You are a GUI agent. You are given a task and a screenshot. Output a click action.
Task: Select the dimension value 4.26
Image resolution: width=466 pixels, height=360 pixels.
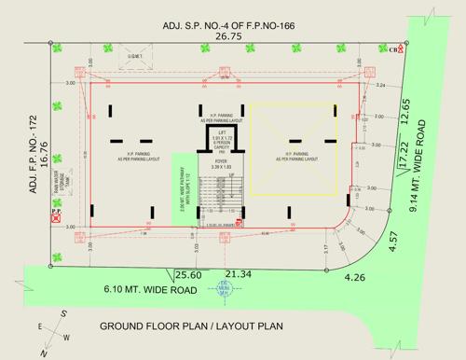click(x=354, y=277)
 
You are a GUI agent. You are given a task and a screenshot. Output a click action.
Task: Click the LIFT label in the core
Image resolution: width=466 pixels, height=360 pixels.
click(x=221, y=135)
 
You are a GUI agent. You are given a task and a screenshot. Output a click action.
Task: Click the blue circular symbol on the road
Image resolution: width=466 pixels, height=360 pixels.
click(x=223, y=288)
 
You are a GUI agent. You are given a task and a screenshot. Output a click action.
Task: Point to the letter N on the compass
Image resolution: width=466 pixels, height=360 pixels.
click(x=39, y=353)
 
